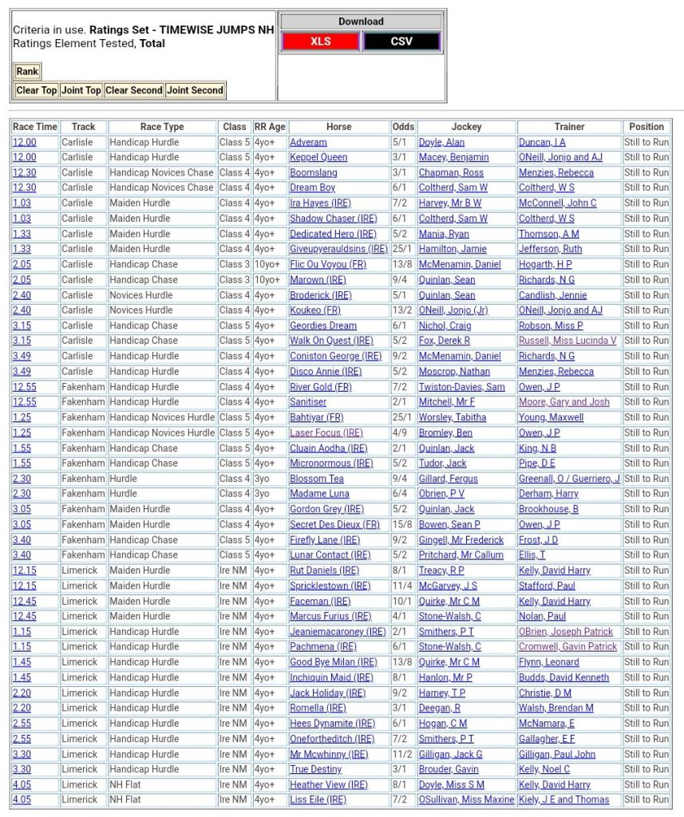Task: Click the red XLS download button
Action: coord(320,41)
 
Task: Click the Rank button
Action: coord(27,72)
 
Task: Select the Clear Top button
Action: coord(37,90)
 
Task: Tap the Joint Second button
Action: coord(196,90)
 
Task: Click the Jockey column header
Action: coord(466,127)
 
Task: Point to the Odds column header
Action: coord(403,127)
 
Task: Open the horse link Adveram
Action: coord(308,142)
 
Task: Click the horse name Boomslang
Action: coord(313,172)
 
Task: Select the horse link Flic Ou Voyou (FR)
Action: coord(327,264)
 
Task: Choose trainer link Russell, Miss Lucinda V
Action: coord(567,341)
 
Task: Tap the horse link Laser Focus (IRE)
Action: coord(326,432)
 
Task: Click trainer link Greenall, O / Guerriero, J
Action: coord(569,479)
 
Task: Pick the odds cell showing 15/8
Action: coord(403,524)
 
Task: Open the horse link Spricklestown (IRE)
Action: coord(330,586)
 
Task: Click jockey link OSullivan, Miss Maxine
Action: coord(466,799)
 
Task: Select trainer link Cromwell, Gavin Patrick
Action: coord(567,646)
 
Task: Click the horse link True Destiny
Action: coord(316,769)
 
